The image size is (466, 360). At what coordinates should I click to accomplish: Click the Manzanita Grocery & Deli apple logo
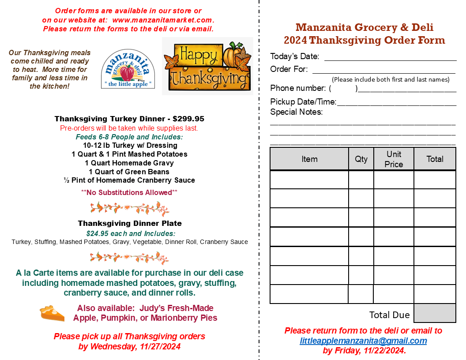(128, 69)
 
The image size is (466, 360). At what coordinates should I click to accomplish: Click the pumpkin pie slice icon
(52, 313)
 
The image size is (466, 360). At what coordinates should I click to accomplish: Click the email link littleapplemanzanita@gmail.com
(363, 341)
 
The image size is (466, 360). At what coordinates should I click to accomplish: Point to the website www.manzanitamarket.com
(162, 20)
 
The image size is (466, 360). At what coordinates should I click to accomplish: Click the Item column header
(309, 159)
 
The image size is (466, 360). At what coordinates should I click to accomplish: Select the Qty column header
(361, 159)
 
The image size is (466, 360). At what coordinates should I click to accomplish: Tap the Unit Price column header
(394, 159)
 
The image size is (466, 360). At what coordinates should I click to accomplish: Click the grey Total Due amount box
(435, 313)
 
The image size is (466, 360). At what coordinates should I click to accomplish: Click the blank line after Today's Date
(390, 57)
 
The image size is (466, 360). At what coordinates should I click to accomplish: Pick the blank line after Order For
(383, 70)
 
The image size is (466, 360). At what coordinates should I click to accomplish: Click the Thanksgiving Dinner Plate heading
(130, 223)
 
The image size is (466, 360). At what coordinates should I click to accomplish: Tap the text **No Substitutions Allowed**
(129, 192)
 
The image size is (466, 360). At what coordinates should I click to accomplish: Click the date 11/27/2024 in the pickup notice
(158, 346)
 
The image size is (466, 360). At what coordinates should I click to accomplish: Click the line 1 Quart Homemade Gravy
(129, 163)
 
